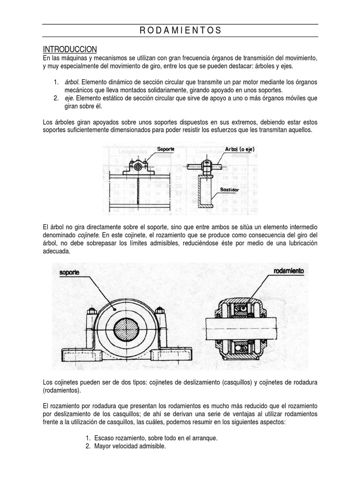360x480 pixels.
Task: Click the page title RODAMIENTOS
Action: pyautogui.click(x=180, y=31)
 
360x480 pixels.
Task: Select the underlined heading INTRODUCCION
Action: pyautogui.click(x=70, y=49)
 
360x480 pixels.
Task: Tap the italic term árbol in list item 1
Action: pyautogui.click(x=72, y=82)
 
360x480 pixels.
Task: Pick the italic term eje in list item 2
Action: pyautogui.click(x=69, y=98)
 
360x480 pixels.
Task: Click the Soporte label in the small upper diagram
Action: pyautogui.click(x=166, y=149)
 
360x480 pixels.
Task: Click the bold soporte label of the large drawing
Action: pyautogui.click(x=69, y=272)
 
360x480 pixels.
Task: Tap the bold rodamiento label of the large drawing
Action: pyautogui.click(x=288, y=271)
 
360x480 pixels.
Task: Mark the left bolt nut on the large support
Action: pyautogui.click(x=92, y=310)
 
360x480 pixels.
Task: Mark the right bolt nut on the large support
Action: pyautogui.click(x=160, y=310)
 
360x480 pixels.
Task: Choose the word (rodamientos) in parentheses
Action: pyautogui.click(x=61, y=390)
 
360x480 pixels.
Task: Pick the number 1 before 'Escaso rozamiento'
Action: pyautogui.click(x=88, y=438)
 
